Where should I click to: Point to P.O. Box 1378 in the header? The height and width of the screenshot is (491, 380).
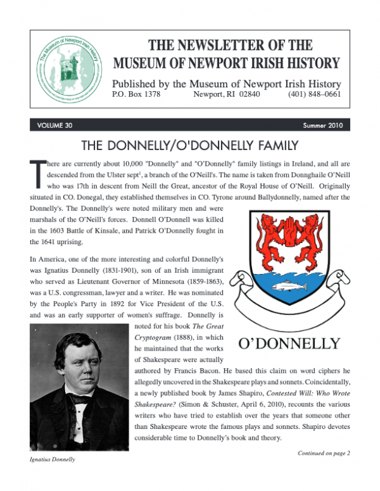point(136,96)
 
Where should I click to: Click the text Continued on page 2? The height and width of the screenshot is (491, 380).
point(324,452)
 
